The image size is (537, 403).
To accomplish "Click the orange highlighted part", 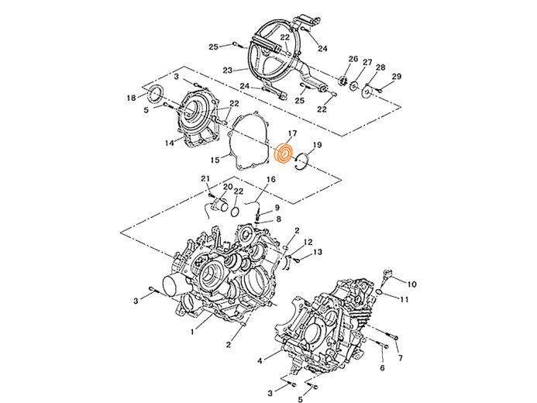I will (x=284, y=155).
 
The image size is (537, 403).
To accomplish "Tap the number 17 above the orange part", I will (x=292, y=136).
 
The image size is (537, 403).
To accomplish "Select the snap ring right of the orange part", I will (x=301, y=160).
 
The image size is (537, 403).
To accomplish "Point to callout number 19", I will (x=316, y=146).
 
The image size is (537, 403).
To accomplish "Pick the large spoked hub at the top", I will (x=275, y=50).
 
